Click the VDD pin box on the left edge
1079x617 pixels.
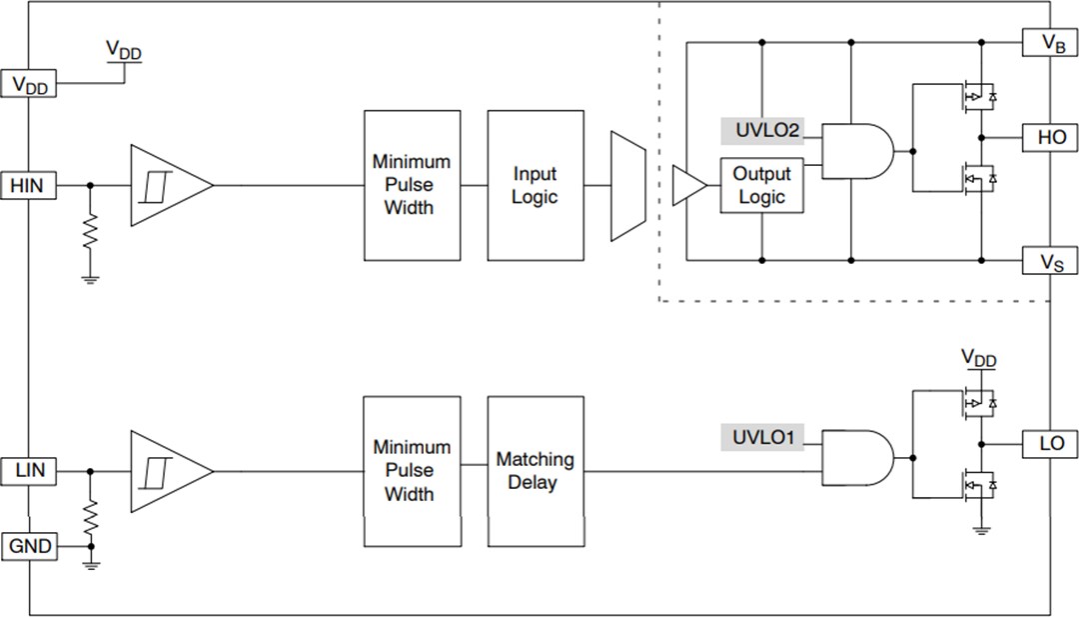[30, 84]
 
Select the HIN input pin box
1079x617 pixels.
[29, 185]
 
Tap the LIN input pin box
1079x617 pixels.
[29, 469]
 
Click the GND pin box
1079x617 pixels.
[30, 547]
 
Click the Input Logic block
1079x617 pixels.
[535, 185]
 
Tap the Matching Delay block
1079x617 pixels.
[535, 470]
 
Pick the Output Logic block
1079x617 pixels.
[761, 185]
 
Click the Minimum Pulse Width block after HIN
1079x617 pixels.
[411, 185]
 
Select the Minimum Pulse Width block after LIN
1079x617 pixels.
[411, 470]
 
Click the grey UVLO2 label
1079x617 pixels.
[761, 131]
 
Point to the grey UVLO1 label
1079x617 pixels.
[761, 437]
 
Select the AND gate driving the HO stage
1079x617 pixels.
[855, 151]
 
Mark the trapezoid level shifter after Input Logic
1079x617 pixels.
[628, 185]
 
